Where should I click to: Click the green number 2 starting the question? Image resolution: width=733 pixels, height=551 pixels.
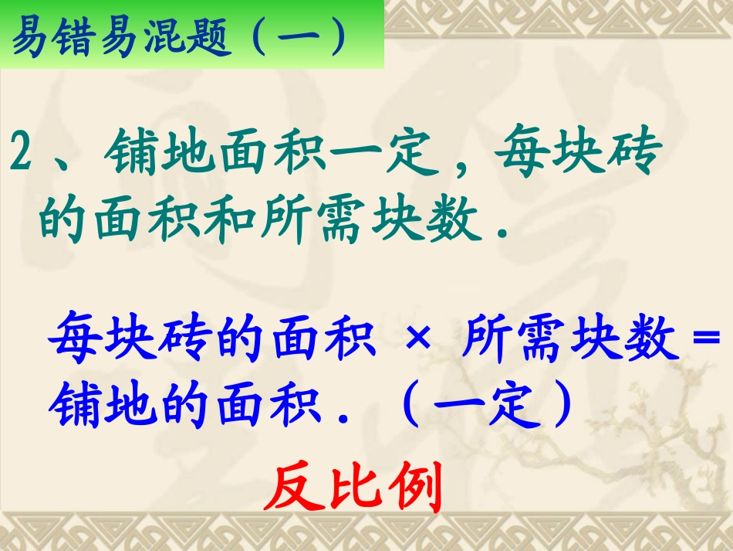22,155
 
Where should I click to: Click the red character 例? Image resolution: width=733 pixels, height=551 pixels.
412,488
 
